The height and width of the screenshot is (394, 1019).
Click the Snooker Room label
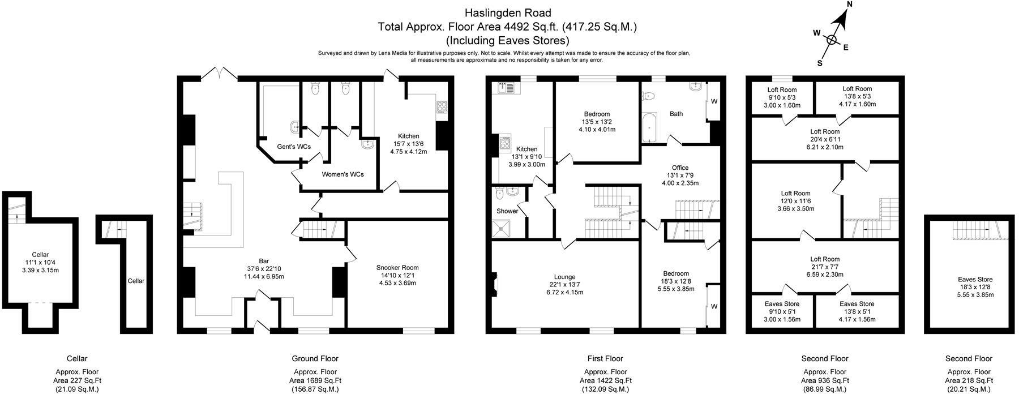[x=397, y=268]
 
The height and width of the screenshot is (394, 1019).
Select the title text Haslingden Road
[x=508, y=12]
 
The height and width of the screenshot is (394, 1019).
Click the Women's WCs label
[x=342, y=174]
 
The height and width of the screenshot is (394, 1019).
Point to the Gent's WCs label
[x=293, y=147]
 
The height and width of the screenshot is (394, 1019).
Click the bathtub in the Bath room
[x=648, y=127]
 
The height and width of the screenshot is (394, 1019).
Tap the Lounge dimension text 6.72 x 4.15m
[x=564, y=293]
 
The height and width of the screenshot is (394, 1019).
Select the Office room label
[x=680, y=168]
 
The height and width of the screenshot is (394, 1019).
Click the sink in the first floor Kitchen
[x=505, y=88]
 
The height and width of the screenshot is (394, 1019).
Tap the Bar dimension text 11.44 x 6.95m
[x=263, y=277]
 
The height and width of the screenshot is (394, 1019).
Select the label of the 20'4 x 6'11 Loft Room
[x=825, y=132]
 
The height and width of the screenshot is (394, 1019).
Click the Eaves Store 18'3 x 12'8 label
[x=975, y=279]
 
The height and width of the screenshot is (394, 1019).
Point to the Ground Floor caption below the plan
[x=315, y=358]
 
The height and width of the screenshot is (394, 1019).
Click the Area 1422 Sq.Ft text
[x=605, y=381]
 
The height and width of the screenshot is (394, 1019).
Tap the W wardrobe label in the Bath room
[x=714, y=101]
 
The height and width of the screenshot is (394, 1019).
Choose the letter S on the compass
[x=819, y=63]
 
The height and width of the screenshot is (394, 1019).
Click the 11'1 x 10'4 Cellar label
[x=40, y=255]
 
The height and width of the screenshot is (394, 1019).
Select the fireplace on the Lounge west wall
[x=495, y=284]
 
